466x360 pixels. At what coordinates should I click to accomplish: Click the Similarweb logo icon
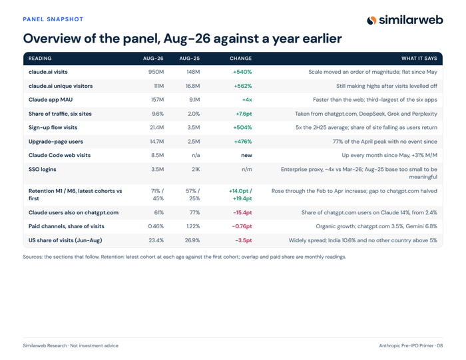(x=371, y=20)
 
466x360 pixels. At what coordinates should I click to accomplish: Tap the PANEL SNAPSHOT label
(x=53, y=19)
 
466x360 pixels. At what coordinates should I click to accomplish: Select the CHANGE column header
(x=241, y=59)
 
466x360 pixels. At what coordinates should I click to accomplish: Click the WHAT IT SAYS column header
(x=419, y=59)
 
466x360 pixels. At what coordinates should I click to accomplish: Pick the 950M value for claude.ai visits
(x=156, y=72)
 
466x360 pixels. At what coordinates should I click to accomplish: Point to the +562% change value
(x=243, y=86)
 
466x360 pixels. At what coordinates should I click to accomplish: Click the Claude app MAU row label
(x=51, y=100)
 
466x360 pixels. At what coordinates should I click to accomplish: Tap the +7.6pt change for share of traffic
(x=244, y=114)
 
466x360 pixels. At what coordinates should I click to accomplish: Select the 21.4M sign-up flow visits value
(x=156, y=127)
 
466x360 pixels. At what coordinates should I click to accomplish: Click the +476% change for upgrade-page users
(x=243, y=141)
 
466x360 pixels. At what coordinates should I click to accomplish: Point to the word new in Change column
(x=247, y=155)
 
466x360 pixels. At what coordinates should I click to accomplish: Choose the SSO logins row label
(x=42, y=169)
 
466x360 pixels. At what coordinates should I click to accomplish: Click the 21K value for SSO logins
(x=196, y=169)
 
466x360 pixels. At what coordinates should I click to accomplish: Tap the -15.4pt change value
(x=242, y=213)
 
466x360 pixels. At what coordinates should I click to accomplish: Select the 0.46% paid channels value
(x=156, y=226)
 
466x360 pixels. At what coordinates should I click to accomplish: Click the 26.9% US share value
(x=192, y=240)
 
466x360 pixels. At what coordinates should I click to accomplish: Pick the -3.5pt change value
(x=244, y=240)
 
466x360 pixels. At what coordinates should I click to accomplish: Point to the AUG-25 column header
(x=190, y=59)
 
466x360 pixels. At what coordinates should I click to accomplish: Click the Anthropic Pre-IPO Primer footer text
(x=406, y=346)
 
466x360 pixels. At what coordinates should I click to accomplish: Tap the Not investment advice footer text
(x=95, y=346)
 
